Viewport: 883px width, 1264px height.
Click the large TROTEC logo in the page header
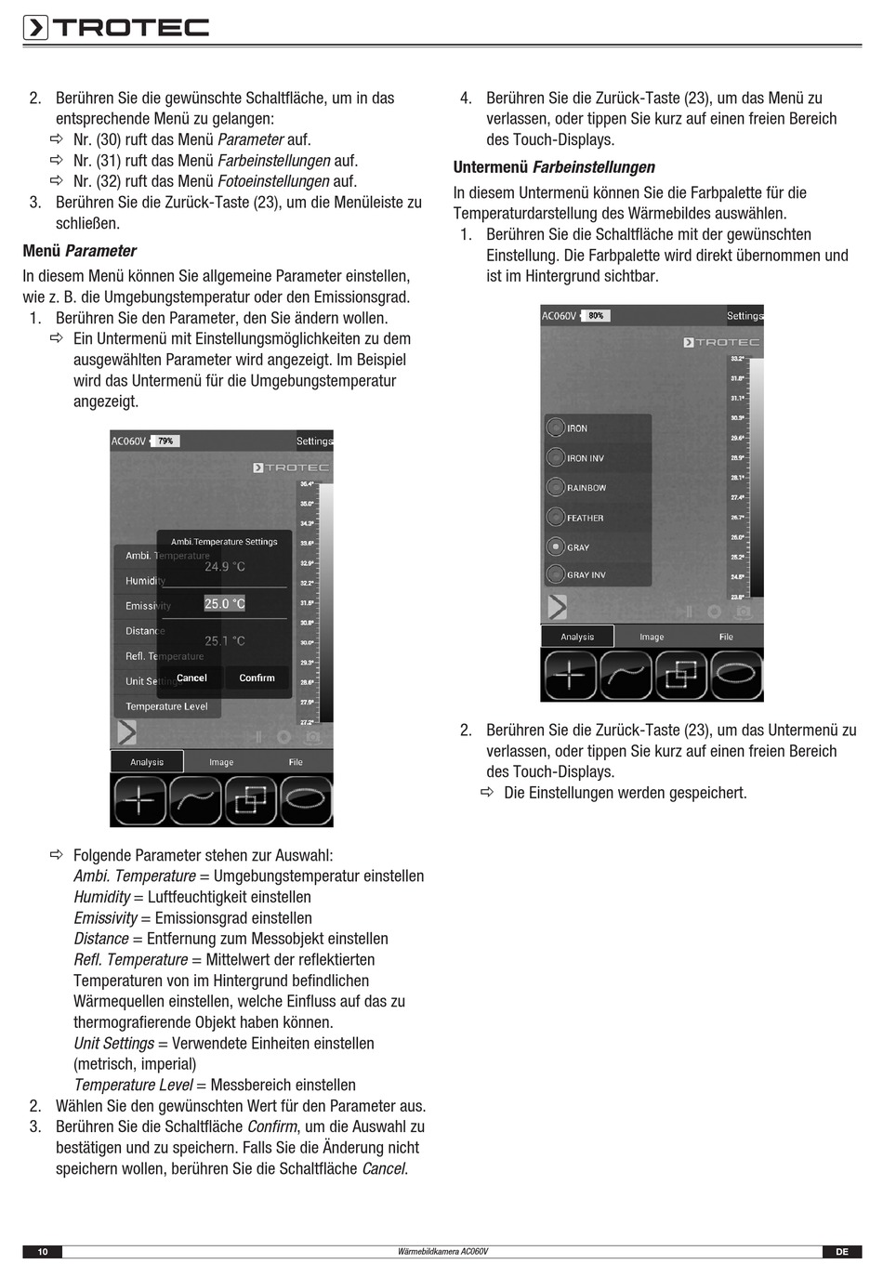(x=116, y=27)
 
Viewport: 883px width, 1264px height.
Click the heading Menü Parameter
(x=80, y=251)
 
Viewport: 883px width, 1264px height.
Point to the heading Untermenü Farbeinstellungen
(x=554, y=167)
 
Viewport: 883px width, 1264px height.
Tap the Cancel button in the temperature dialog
(x=191, y=678)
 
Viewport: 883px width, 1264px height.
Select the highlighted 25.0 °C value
(x=225, y=604)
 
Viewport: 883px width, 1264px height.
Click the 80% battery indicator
(x=595, y=316)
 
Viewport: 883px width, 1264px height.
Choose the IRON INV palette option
(x=585, y=458)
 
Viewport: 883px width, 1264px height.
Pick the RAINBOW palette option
(x=586, y=488)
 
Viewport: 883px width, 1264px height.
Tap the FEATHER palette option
(x=585, y=518)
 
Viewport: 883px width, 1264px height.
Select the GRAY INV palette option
(x=586, y=575)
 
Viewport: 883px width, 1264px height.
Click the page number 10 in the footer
(x=42, y=1252)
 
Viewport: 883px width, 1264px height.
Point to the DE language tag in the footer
(x=841, y=1252)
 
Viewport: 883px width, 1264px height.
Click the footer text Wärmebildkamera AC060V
(x=442, y=1252)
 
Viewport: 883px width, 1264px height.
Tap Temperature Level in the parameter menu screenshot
(x=166, y=706)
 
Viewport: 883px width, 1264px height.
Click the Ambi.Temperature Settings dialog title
(x=224, y=542)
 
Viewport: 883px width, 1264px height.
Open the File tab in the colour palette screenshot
(x=726, y=637)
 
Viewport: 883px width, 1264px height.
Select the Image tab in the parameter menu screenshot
(x=221, y=762)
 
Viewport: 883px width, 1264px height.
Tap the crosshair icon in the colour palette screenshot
(x=569, y=675)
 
